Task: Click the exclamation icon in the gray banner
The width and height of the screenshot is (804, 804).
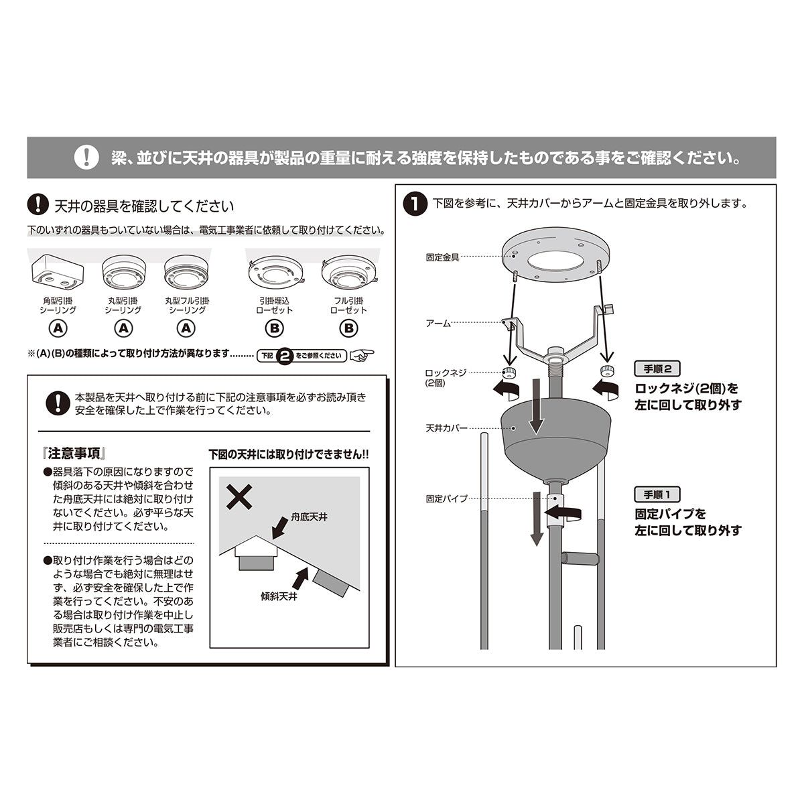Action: (86, 157)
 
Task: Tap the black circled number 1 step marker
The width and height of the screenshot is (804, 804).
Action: (416, 204)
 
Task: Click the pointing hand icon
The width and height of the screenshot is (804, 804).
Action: (362, 355)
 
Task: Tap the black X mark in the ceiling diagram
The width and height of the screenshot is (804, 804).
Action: (239, 497)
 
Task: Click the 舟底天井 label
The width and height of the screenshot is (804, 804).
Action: (310, 518)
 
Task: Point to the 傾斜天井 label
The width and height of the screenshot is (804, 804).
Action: (279, 595)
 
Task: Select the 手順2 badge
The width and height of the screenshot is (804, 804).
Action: (657, 368)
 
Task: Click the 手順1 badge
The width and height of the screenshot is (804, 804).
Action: (657, 494)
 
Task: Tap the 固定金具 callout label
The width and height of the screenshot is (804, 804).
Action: (442, 257)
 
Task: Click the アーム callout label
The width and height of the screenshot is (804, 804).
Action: (438, 323)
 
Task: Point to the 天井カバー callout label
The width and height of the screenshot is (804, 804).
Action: (446, 427)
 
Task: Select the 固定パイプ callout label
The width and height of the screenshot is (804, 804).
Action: (446, 498)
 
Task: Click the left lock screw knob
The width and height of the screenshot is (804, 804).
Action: (511, 373)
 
